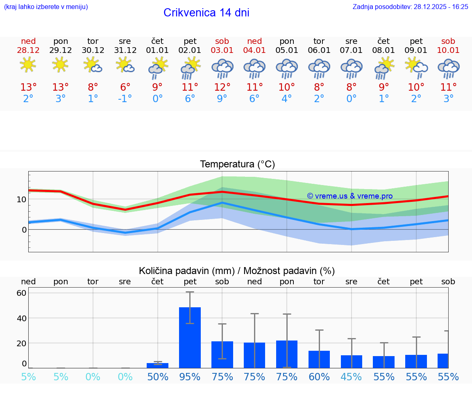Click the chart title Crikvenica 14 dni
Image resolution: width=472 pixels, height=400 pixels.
(x=206, y=13)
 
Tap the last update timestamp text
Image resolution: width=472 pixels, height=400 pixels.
(x=410, y=7)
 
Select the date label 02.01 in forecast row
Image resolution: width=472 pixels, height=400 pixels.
(x=190, y=50)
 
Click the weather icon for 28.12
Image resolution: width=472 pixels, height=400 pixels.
(x=28, y=65)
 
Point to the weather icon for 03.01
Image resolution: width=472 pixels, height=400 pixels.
(x=222, y=68)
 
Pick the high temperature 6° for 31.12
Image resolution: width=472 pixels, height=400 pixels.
(x=125, y=87)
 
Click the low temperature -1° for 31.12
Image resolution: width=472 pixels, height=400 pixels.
(x=125, y=99)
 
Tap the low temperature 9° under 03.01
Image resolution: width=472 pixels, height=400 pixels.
(x=222, y=99)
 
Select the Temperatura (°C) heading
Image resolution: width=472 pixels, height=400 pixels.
(x=237, y=165)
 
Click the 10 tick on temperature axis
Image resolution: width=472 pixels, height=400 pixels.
(x=21, y=199)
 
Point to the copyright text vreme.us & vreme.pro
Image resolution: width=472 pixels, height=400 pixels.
(x=350, y=196)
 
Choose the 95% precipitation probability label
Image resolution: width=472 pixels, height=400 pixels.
(x=190, y=377)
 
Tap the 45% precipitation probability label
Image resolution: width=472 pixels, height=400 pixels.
(x=351, y=377)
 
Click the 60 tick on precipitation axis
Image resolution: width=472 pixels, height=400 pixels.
(x=21, y=293)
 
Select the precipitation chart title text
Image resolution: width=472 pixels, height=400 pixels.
(x=237, y=271)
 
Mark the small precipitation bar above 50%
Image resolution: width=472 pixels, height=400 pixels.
(x=157, y=365)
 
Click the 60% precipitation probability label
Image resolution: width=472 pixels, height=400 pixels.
(x=319, y=377)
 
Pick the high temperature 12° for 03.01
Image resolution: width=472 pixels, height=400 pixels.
(x=222, y=87)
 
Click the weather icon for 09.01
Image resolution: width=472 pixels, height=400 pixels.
(x=416, y=68)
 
